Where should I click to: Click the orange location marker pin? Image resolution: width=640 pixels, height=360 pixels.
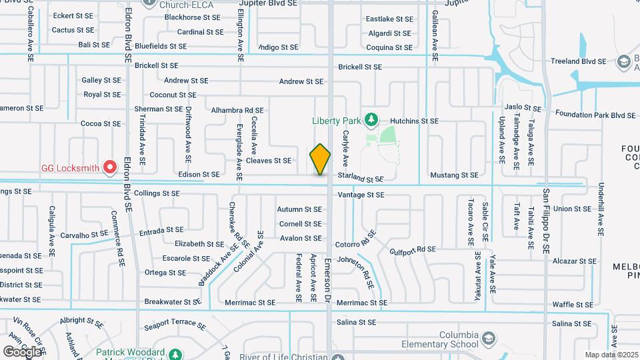pyautogui.click(x=320, y=159)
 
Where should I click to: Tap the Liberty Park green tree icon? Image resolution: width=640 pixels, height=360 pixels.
pyautogui.click(x=371, y=121)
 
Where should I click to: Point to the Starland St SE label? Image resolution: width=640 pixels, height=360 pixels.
pyautogui.click(x=361, y=179)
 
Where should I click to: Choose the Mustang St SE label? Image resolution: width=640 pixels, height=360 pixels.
pyautogui.click(x=455, y=175)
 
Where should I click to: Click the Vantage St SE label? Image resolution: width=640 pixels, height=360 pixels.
pyautogui.click(x=361, y=195)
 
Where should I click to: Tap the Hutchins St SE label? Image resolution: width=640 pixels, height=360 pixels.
pyautogui.click(x=414, y=121)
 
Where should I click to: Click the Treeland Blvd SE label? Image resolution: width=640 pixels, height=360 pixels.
pyautogui.click(x=578, y=61)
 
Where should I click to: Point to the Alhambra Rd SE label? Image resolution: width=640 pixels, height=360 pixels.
pyautogui.click(x=237, y=110)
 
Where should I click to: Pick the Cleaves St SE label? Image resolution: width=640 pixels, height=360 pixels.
pyautogui.click(x=269, y=161)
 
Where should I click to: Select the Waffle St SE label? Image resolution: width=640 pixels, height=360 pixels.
pyautogui.click(x=572, y=304)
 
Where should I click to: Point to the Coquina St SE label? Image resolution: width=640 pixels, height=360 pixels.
pyautogui.click(x=389, y=47)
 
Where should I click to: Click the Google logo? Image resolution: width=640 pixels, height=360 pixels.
pyautogui.click(x=21, y=351)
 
